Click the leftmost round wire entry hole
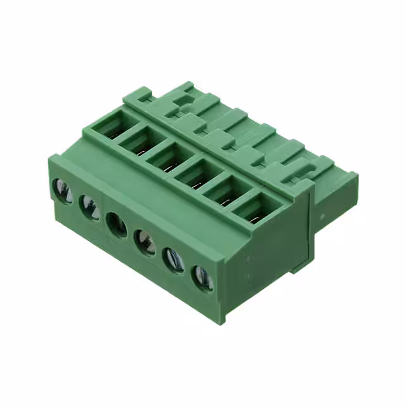click(62, 190)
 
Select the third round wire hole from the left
click(117, 225)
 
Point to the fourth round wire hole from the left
click(145, 242)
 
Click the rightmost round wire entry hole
click(202, 277)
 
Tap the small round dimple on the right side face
click(322, 216)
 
